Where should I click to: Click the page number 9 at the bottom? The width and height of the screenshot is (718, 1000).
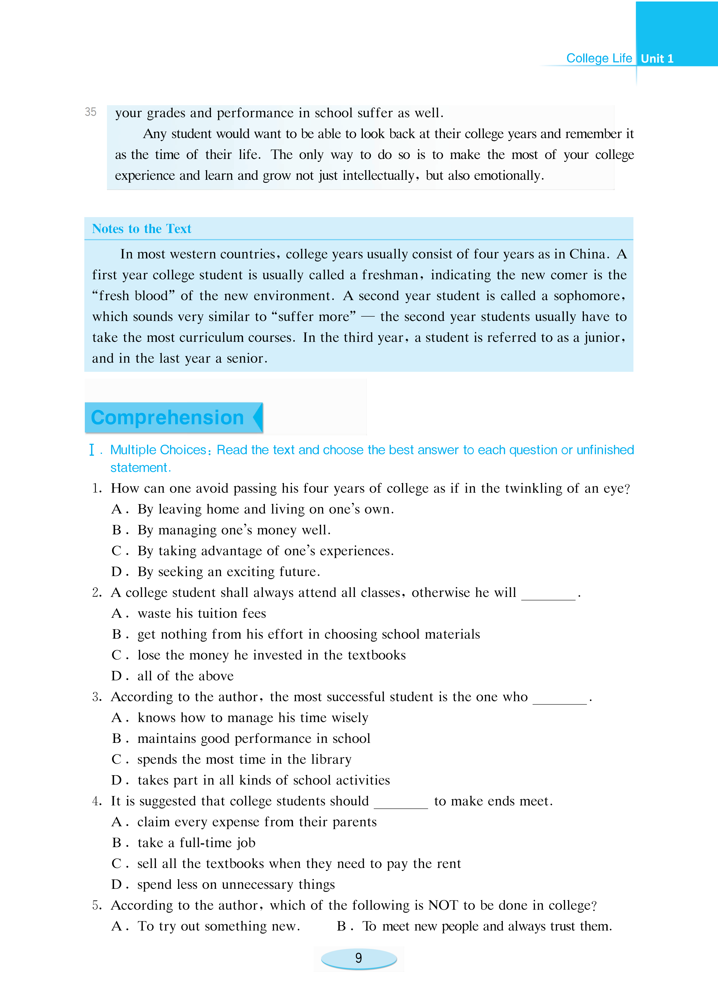[x=359, y=958]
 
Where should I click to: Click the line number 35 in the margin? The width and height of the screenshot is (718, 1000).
[x=91, y=112]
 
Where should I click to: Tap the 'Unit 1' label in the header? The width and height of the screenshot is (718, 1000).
[x=657, y=59]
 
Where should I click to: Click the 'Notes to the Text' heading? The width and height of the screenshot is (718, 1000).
[x=142, y=229]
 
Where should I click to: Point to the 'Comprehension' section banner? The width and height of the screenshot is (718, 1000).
[x=168, y=417]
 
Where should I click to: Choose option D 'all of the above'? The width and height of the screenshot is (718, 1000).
[x=185, y=676]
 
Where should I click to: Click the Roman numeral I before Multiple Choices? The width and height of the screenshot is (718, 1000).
[x=92, y=450]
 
